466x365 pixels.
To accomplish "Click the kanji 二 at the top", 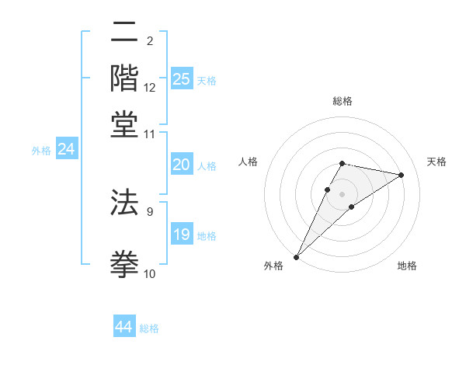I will (124, 33).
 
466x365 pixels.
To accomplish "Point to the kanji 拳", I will (124, 262).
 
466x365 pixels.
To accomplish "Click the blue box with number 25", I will (181, 79).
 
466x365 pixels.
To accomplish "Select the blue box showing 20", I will (181, 165).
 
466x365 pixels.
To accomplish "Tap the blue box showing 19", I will (181, 235).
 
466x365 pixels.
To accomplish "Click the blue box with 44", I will (123, 327).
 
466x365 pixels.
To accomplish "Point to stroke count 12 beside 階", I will (150, 88).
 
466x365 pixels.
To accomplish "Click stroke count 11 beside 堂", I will (150, 134).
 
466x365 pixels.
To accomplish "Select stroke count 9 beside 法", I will (150, 210).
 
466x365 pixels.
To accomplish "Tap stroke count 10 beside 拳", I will (150, 273).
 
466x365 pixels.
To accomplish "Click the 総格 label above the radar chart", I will (343, 101).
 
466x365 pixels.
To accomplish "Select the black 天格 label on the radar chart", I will (436, 162).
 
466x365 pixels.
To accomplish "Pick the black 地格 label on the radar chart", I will (407, 266).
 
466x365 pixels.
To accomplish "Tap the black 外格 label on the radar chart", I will (273, 266).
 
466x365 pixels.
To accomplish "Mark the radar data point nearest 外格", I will (296, 256).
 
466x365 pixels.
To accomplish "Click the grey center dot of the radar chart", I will (342, 193).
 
